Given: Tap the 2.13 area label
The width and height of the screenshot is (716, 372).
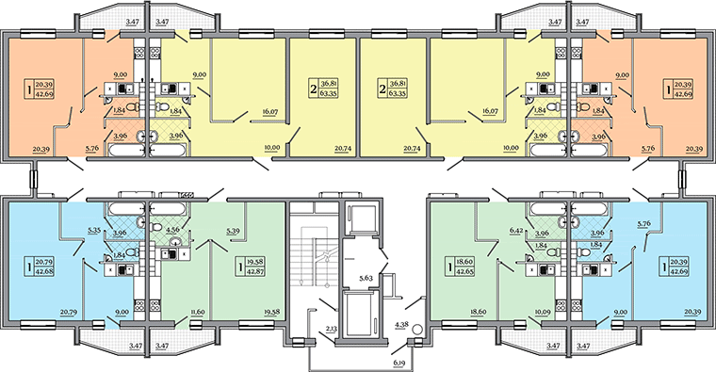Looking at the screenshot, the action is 332,328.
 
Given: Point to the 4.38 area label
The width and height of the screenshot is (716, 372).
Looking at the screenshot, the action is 401,325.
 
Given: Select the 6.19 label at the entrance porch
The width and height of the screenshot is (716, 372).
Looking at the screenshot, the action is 399,364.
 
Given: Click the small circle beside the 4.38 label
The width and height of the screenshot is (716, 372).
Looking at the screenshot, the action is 416,329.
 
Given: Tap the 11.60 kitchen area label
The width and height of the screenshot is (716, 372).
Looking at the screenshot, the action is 198,313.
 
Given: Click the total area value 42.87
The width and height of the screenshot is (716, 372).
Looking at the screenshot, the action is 255,270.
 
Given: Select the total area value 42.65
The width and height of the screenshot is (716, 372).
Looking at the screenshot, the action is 464,270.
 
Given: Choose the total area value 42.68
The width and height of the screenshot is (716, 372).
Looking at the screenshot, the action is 45,270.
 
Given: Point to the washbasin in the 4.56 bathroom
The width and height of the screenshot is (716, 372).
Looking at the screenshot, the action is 174,240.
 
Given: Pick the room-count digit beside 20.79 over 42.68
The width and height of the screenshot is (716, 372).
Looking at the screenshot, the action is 30,267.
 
